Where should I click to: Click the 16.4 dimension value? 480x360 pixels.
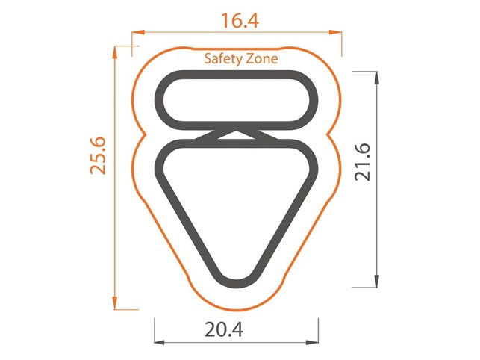pyautogui.click(x=240, y=20)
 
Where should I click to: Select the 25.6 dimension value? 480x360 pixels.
pyautogui.click(x=98, y=155)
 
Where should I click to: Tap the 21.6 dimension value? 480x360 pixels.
pyautogui.click(x=363, y=162)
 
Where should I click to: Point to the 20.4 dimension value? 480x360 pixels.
pyautogui.click(x=224, y=329)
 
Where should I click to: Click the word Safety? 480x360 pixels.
pyautogui.click(x=221, y=59)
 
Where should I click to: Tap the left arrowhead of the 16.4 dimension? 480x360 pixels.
pyautogui.click(x=138, y=32)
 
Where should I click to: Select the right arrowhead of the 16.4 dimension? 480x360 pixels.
pyautogui.click(x=335, y=32)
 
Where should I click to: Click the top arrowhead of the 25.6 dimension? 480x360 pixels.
pyautogui.click(x=115, y=52)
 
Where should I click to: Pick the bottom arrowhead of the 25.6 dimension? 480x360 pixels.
pyautogui.click(x=115, y=303)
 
